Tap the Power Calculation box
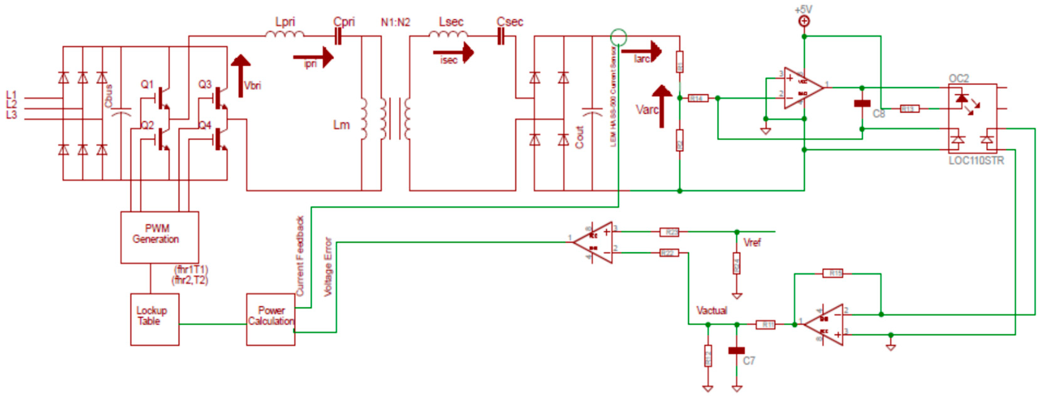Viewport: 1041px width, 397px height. click(x=270, y=319)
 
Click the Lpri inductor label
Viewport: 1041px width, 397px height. click(x=285, y=22)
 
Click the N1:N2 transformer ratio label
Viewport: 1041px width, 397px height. click(x=395, y=22)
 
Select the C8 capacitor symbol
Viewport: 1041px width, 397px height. click(x=862, y=104)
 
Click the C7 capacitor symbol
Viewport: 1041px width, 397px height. click(x=736, y=350)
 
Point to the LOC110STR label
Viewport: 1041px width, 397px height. click(x=976, y=161)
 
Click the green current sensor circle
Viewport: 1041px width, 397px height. click(x=618, y=37)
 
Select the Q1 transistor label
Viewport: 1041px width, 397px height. click(x=147, y=84)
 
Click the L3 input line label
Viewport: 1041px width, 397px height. click(x=11, y=115)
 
